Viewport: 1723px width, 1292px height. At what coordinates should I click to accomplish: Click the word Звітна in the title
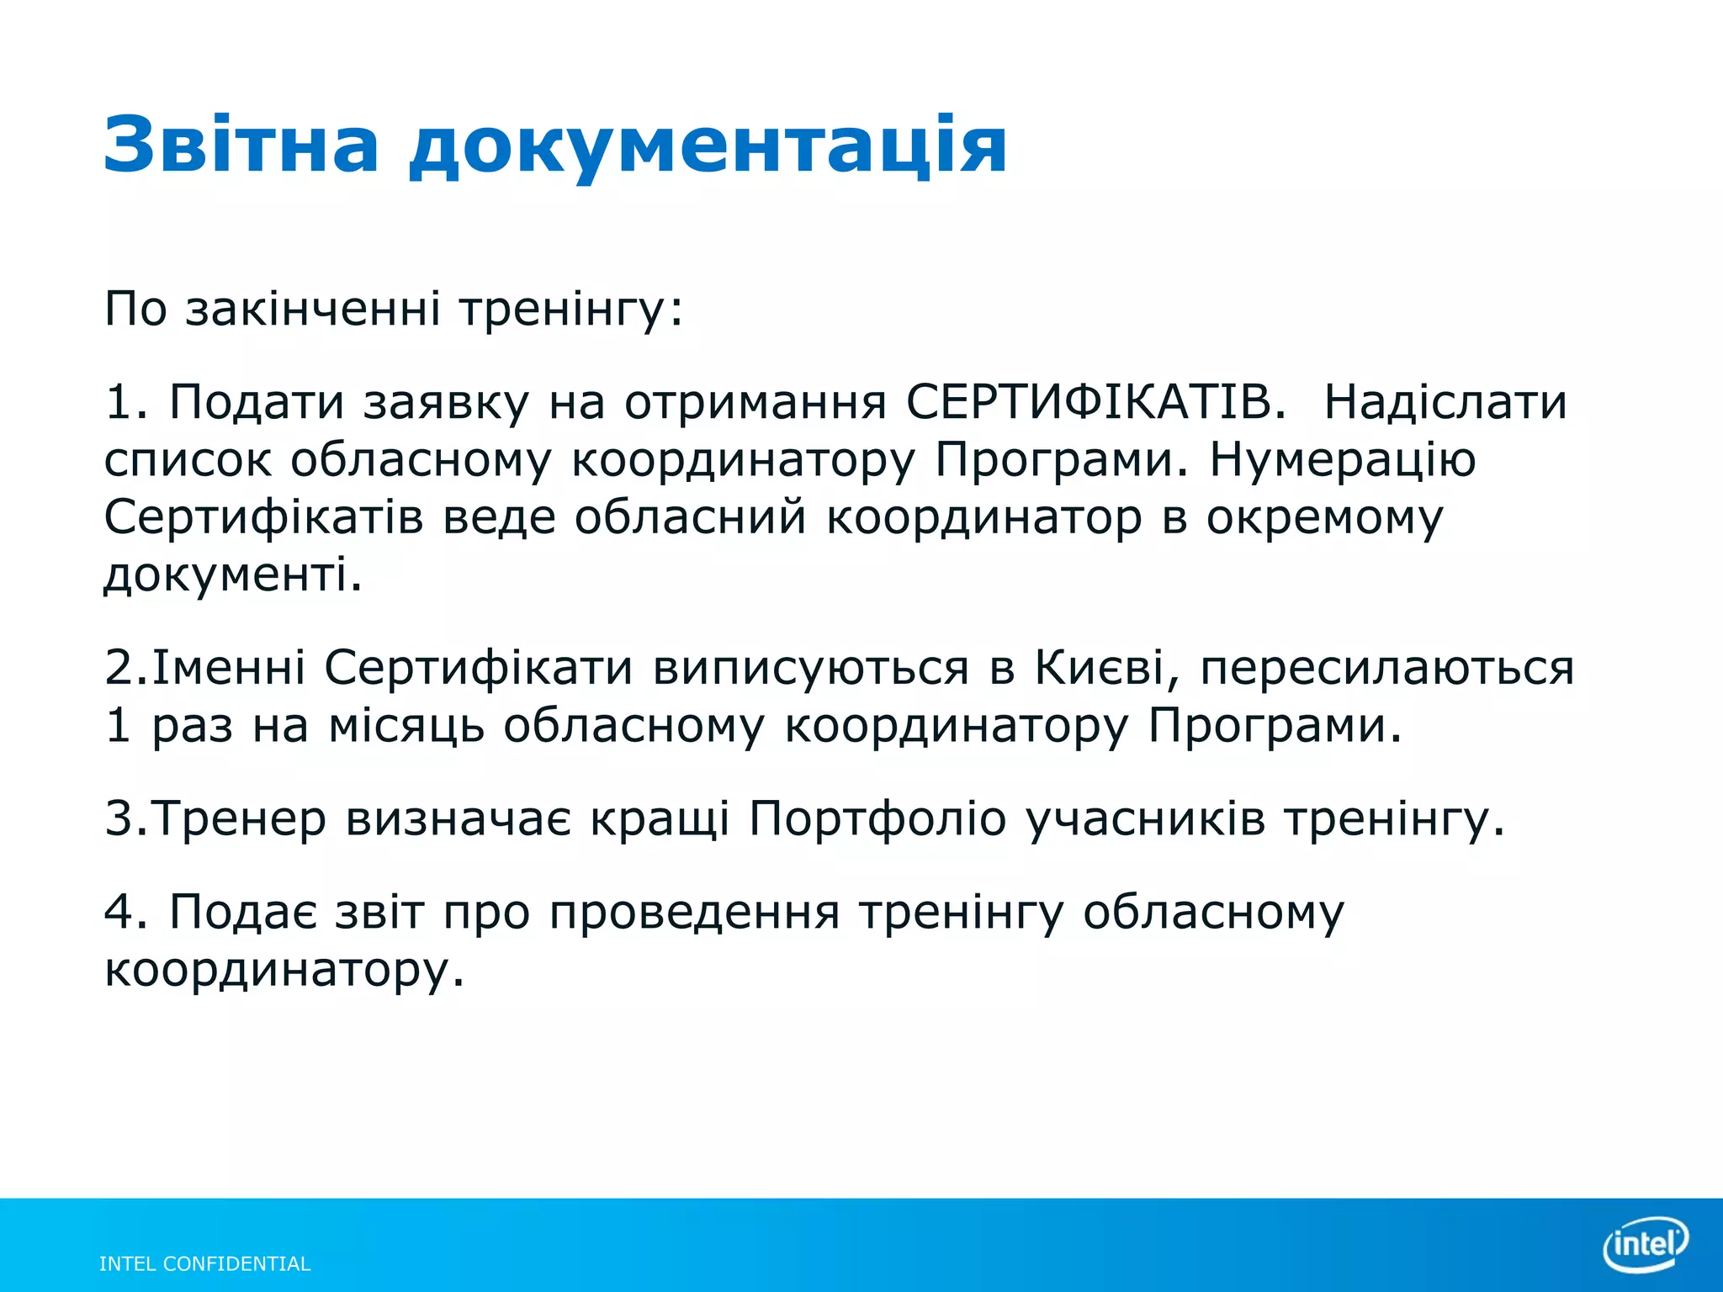[241, 145]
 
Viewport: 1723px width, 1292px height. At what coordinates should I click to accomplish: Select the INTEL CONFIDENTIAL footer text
[204, 1263]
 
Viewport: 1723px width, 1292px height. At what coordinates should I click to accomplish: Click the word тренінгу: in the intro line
[571, 310]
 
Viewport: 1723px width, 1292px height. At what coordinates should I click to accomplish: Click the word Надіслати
[1445, 402]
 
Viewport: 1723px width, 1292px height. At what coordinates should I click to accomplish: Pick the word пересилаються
[1386, 669]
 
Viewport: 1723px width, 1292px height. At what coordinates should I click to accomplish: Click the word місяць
[406, 726]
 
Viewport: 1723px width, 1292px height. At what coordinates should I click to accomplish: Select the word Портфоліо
[877, 818]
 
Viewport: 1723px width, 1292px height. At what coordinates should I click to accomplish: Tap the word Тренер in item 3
[240, 818]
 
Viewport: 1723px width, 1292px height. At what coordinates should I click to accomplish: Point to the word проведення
[694, 912]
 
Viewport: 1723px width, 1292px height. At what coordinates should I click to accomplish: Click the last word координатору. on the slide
[284, 971]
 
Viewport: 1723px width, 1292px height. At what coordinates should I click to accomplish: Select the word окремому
[1324, 518]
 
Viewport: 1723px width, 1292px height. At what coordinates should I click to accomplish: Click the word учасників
[1145, 818]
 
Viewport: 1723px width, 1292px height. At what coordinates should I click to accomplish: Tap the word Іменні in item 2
[229, 669]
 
